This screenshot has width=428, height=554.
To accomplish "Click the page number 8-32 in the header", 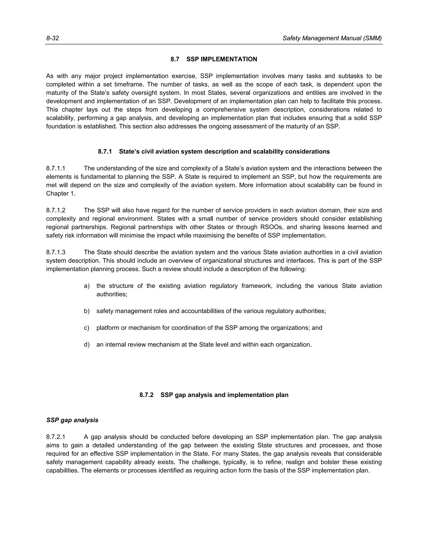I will (x=52, y=38).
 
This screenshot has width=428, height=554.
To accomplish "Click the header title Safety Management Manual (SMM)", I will (x=332, y=38).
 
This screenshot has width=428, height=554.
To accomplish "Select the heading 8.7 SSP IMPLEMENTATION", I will (x=214, y=59).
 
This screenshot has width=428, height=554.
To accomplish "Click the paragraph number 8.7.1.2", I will (x=56, y=210).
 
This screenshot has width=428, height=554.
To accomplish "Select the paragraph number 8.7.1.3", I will (x=56, y=252).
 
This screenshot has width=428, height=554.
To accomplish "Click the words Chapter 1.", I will (x=61, y=194).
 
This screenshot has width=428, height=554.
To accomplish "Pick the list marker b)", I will (x=87, y=311).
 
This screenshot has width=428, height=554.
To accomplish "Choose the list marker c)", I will (x=87, y=328).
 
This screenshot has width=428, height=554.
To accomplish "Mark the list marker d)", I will (x=87, y=345).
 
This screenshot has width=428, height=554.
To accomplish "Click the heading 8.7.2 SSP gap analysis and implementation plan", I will (x=214, y=395).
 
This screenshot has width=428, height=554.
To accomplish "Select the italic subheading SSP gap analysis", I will (x=72, y=420).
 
